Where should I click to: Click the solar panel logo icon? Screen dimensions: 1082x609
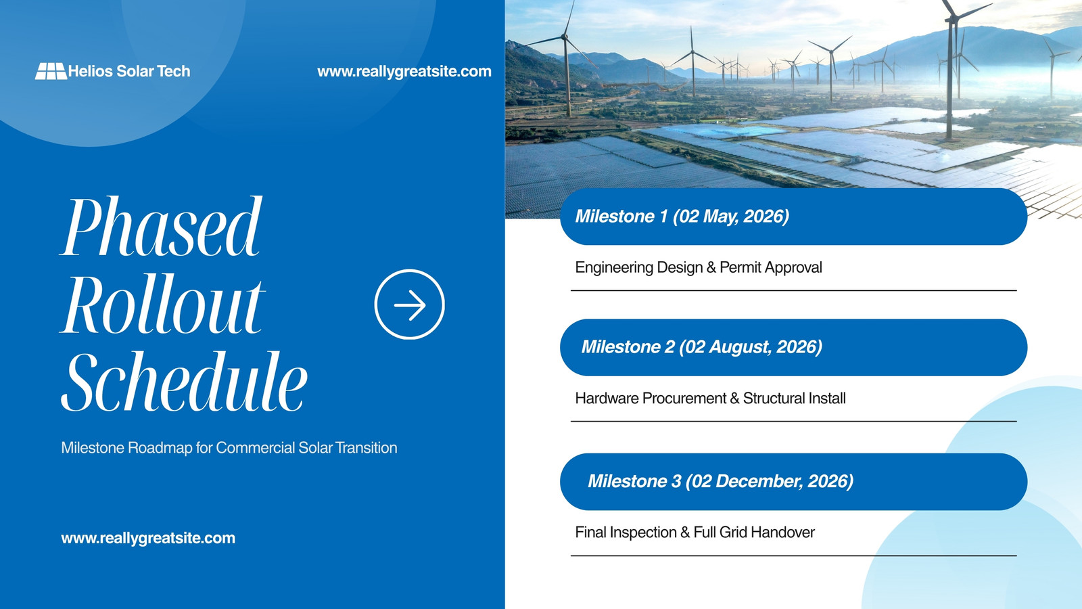point(51,71)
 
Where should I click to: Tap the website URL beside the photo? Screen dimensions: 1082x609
point(404,72)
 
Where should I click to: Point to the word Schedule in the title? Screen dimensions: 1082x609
point(184,381)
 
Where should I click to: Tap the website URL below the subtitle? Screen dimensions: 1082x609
point(148,539)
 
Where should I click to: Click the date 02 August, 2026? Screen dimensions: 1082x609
point(750,347)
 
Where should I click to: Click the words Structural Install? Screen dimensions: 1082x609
point(794,399)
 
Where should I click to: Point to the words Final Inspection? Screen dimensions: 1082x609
point(626,533)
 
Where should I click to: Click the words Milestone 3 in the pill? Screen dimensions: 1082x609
point(634,481)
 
